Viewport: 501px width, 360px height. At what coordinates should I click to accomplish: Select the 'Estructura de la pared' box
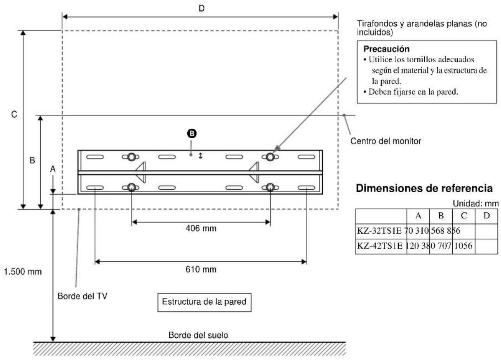(204, 301)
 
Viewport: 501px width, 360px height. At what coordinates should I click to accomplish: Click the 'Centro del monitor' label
(386, 141)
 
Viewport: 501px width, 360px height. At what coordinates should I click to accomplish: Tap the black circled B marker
(191, 133)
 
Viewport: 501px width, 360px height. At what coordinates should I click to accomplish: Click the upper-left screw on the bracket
(131, 157)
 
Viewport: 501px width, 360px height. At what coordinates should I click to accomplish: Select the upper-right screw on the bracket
(270, 157)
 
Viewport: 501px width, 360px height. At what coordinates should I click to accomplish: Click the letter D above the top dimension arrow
(201, 8)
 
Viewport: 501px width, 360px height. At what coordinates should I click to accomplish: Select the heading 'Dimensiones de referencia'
(424, 188)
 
